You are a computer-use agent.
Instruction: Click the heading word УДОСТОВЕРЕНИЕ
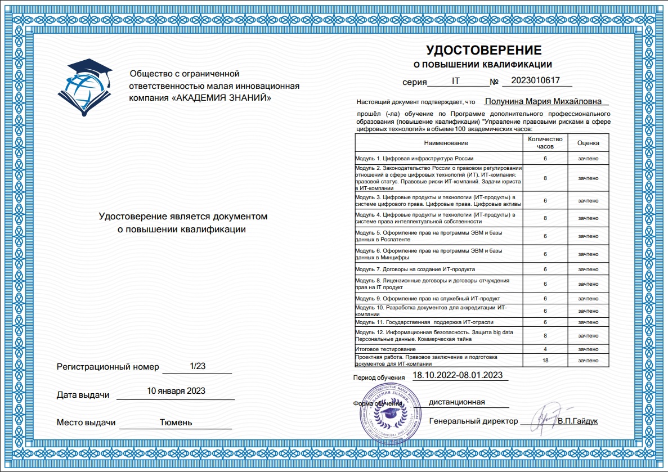coord(483,50)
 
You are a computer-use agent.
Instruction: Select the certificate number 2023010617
coord(535,80)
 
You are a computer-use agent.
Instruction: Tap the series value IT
coord(456,81)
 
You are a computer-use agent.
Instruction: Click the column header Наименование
coord(438,143)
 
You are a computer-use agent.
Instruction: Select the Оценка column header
coord(588,143)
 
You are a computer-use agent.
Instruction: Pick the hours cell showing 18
coord(545,360)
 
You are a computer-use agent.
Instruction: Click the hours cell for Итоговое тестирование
coord(545,349)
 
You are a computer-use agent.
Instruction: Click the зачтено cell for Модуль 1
coord(588,159)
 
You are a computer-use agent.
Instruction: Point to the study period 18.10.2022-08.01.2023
coord(458,375)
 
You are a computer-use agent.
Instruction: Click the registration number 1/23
coord(198,366)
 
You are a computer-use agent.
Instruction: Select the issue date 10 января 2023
coord(176,391)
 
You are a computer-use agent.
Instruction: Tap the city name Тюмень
coord(176,422)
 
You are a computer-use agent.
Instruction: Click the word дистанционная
coord(456,402)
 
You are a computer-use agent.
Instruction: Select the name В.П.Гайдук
coord(578,421)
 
